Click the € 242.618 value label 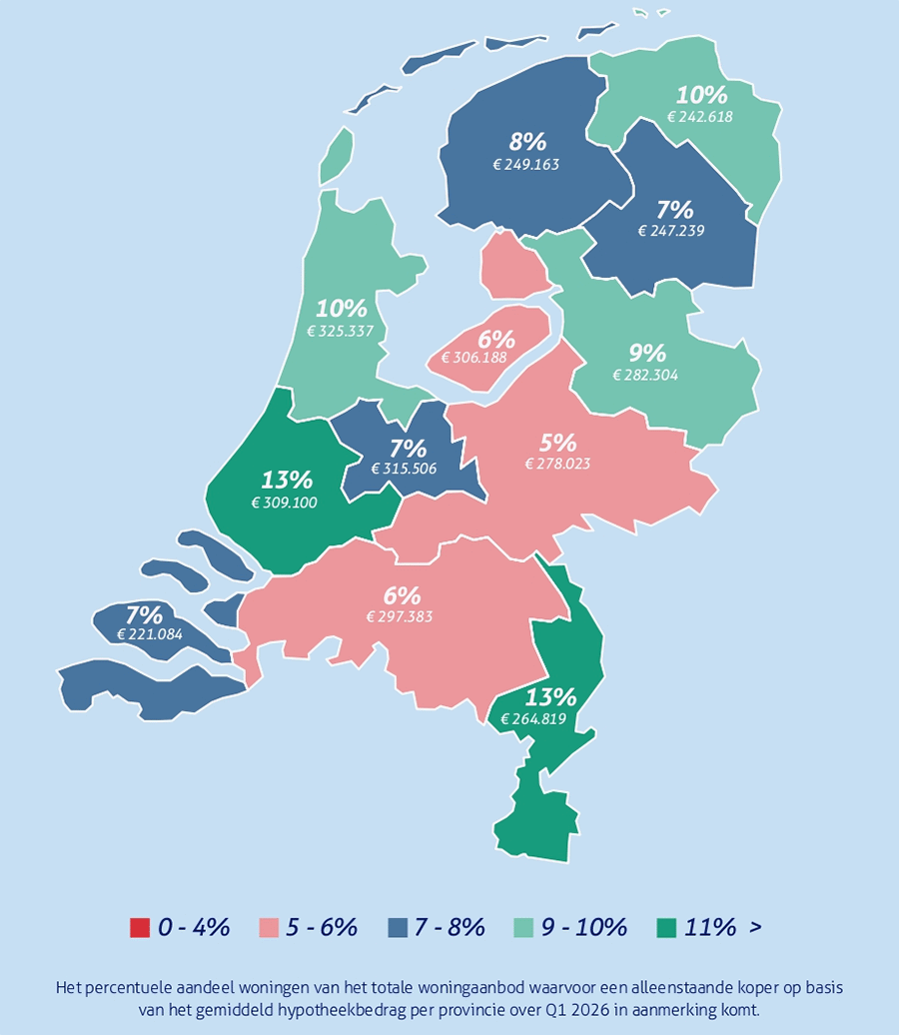pyautogui.click(x=700, y=116)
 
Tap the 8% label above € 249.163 pyautogui.click(x=528, y=142)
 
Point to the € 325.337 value pyautogui.click(x=341, y=331)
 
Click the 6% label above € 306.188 pyautogui.click(x=495, y=339)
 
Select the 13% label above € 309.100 pyautogui.click(x=287, y=481)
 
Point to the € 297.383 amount pyautogui.click(x=400, y=616)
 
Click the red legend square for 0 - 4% pyautogui.click(x=139, y=927)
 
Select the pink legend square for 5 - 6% pyautogui.click(x=268, y=927)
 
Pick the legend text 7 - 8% pyautogui.click(x=449, y=927)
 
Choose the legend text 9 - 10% pyautogui.click(x=584, y=927)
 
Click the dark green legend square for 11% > pyautogui.click(x=665, y=927)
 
